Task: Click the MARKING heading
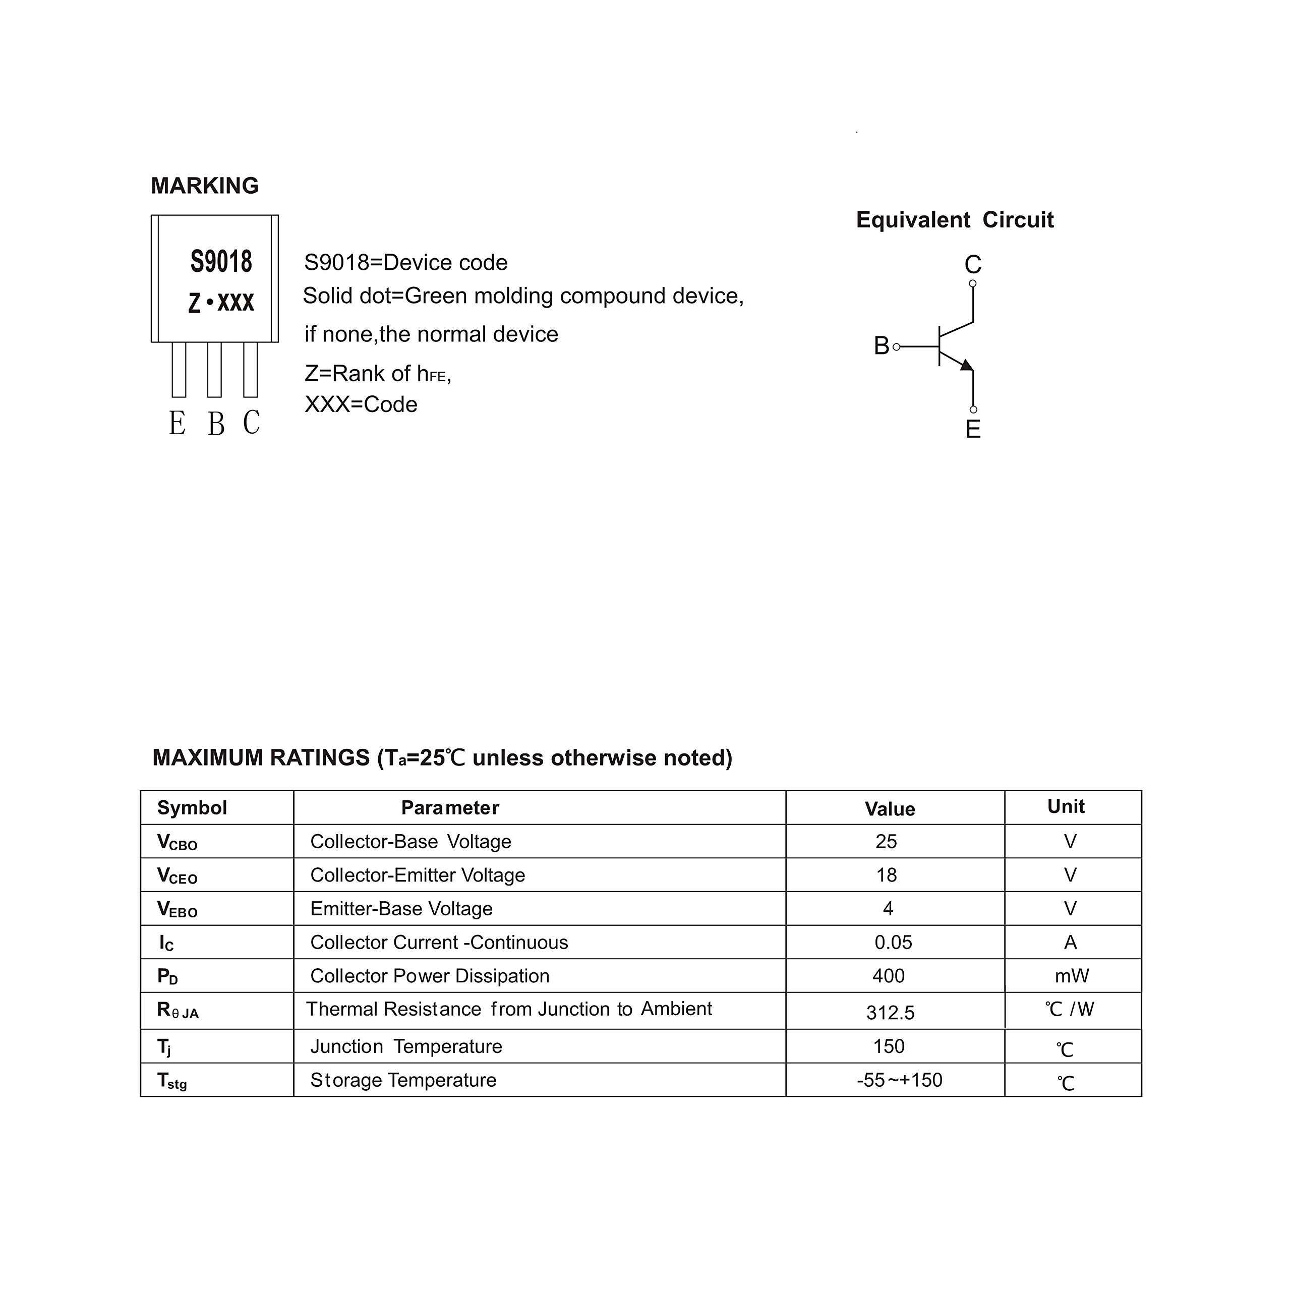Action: pos(204,186)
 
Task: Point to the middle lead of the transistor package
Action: pos(214,370)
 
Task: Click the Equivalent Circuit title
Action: pos(954,220)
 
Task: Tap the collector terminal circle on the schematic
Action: pos(972,283)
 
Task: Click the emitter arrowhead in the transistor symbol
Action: pos(966,364)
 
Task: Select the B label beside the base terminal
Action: pos(882,345)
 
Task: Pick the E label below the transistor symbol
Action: pos(973,429)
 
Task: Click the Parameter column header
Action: pos(450,808)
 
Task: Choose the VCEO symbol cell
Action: pos(177,875)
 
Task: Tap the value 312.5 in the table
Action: pos(890,1012)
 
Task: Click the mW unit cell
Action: pos(1071,976)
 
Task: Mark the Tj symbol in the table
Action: pos(164,1046)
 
